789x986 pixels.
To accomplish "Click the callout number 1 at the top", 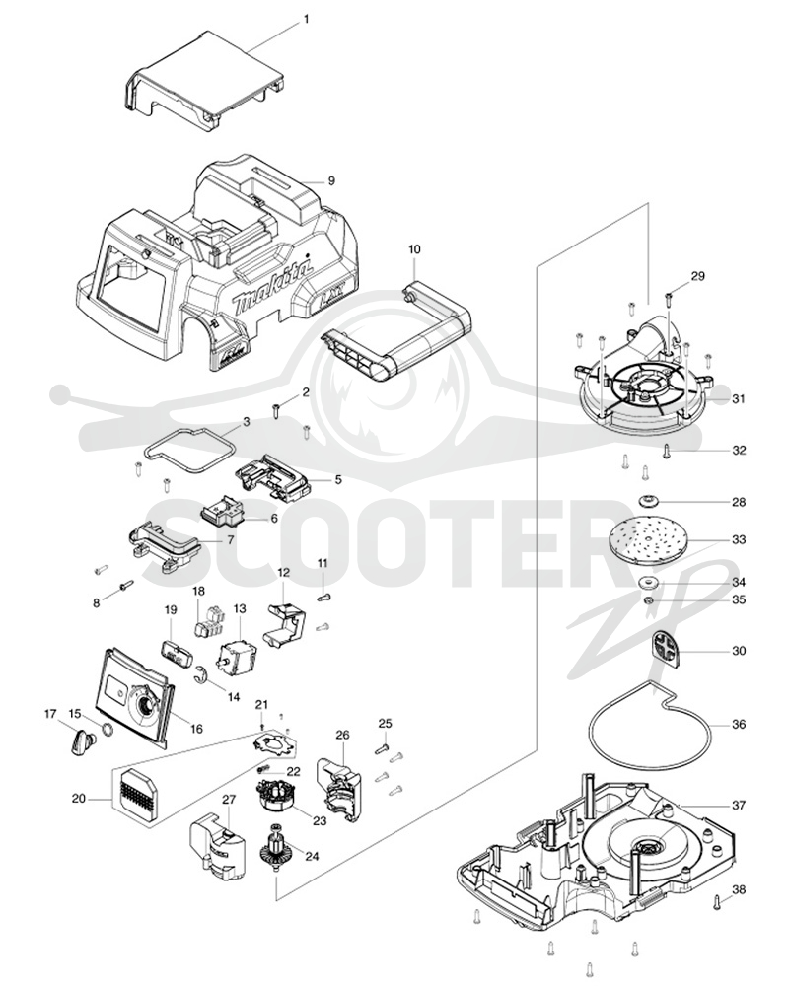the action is [306, 19].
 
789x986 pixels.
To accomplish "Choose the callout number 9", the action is [331, 181].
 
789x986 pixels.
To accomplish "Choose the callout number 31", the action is [739, 398].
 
